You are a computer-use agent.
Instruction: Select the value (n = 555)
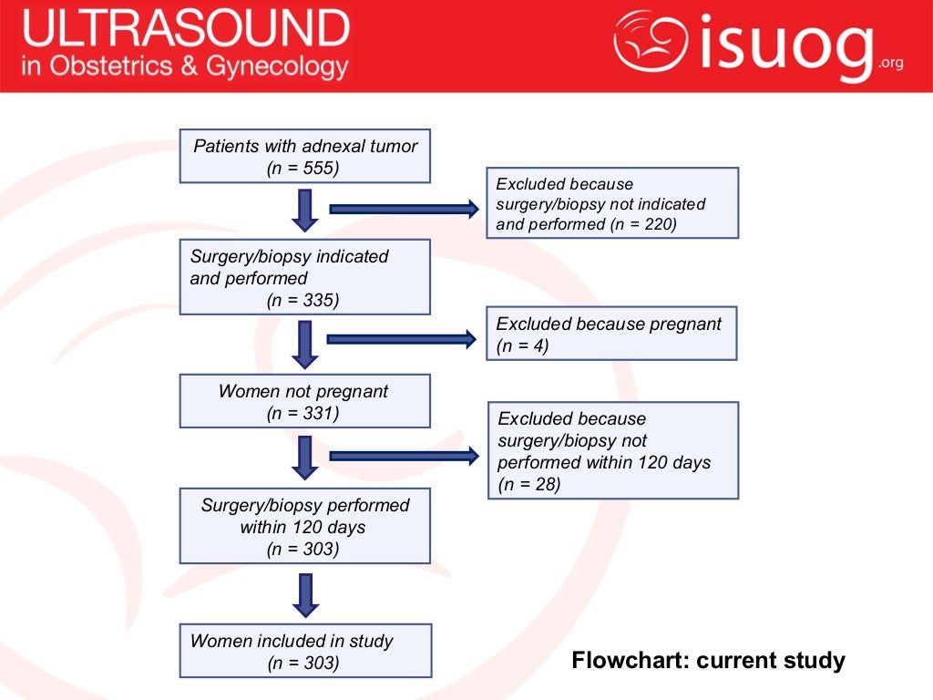(x=303, y=168)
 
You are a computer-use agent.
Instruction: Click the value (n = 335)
(x=303, y=301)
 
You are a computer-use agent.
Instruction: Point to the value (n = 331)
(x=303, y=414)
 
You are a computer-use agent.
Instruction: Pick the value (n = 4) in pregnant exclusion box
(x=523, y=346)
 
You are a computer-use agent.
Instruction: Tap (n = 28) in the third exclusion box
(x=529, y=484)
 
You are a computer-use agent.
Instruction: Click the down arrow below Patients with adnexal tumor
(x=305, y=210)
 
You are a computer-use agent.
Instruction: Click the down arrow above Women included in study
(x=305, y=594)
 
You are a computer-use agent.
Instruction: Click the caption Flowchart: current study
(x=708, y=660)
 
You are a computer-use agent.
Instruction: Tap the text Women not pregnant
(x=303, y=392)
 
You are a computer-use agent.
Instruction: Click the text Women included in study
(x=292, y=641)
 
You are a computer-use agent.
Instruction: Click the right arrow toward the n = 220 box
(x=404, y=210)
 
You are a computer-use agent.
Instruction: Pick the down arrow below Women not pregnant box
(x=305, y=457)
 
